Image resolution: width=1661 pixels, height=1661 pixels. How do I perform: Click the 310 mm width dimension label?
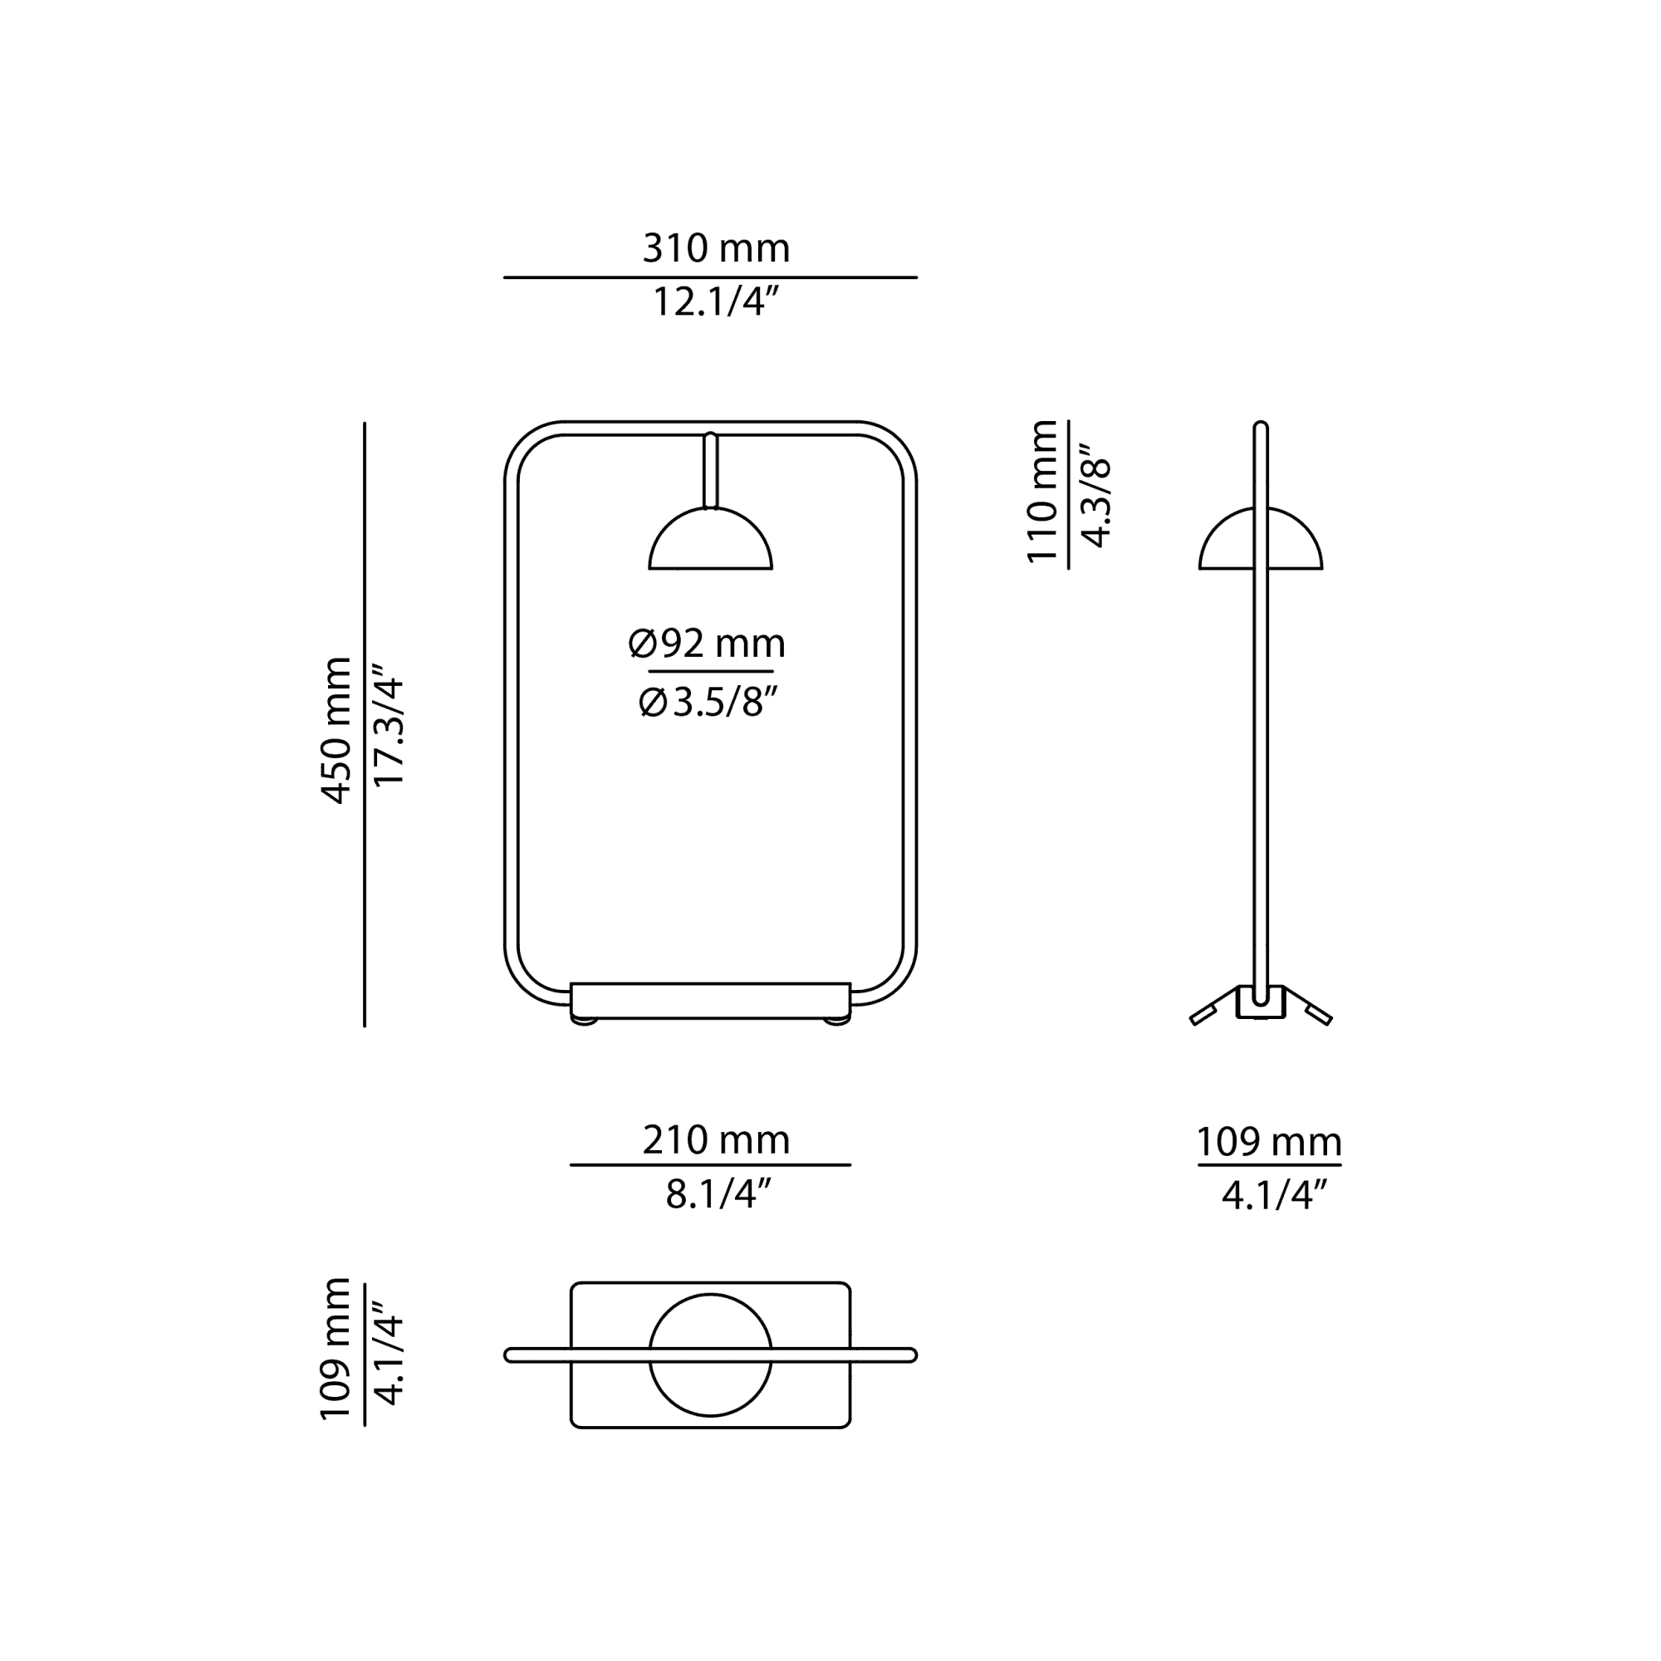pos(715,248)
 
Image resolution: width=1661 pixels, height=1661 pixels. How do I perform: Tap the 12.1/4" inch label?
pos(715,301)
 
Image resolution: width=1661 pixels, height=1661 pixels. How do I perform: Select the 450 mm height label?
pos(336,731)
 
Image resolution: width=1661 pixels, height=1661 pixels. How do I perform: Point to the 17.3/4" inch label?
pos(389,725)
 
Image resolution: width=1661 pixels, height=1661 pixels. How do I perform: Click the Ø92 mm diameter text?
pos(707,644)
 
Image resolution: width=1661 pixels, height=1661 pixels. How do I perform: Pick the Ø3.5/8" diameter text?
pos(708,702)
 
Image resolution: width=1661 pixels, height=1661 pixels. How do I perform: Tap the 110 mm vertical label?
pos(1042,491)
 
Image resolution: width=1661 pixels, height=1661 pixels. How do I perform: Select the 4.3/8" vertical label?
pos(1096,496)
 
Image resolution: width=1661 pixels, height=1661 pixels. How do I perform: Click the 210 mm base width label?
pos(715,1140)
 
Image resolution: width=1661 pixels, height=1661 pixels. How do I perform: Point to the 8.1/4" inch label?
pos(718,1193)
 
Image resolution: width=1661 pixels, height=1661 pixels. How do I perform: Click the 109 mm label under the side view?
pos(1269,1142)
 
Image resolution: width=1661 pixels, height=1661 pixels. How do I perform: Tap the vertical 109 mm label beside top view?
pos(336,1348)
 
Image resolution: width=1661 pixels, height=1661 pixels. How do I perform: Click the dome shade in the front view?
pos(710,539)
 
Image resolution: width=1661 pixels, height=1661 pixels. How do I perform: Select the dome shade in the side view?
pos(1261,539)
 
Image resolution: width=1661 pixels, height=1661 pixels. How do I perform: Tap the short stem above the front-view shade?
pos(710,469)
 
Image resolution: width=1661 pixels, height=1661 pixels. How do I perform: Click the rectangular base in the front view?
pos(710,1001)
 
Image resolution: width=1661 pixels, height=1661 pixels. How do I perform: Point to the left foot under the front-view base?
pos(586,1022)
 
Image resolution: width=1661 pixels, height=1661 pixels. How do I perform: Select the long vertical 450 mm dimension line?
pos(365,724)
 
